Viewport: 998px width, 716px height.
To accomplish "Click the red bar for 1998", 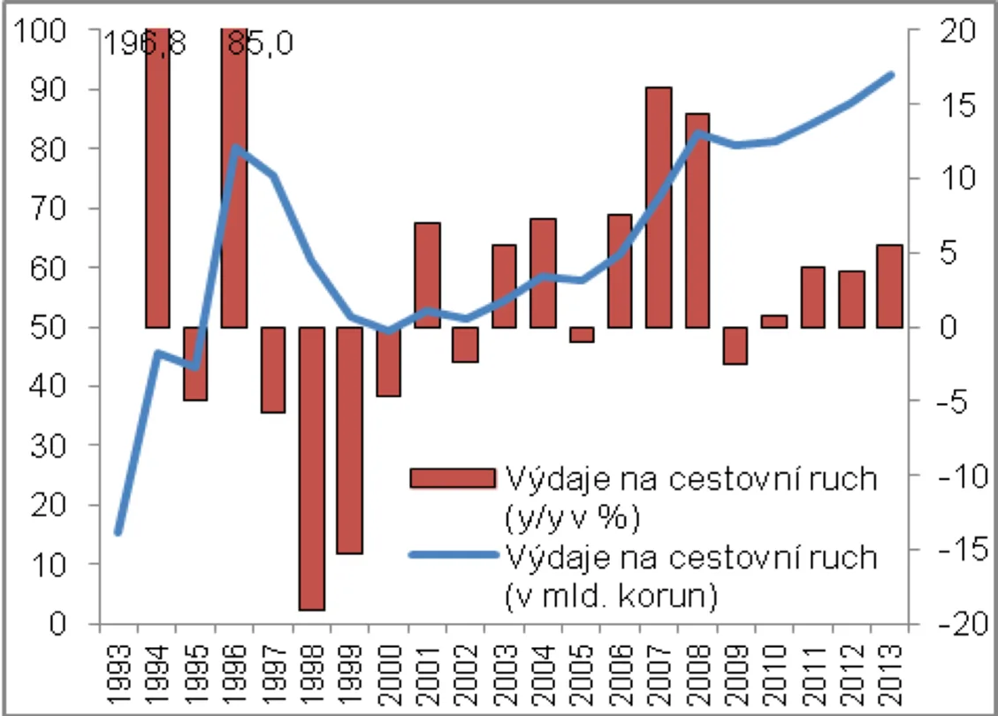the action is [x=312, y=469].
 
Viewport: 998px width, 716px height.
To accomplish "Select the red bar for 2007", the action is [x=659, y=208].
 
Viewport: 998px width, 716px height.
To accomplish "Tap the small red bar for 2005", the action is [x=582, y=335].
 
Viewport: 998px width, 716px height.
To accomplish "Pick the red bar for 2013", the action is [x=890, y=286].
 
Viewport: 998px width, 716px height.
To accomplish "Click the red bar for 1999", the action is [x=350, y=440].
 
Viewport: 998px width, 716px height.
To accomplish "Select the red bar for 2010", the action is [x=774, y=322].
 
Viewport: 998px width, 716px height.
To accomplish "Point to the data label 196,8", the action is [x=144, y=44].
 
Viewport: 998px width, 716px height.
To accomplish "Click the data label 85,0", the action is [x=261, y=44].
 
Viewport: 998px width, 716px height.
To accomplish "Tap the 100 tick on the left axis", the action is [x=40, y=30].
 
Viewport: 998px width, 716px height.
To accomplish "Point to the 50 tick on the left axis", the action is [x=48, y=327].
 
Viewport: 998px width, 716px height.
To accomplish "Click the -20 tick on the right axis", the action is [x=963, y=624].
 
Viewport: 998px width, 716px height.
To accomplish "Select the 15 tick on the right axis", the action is [x=957, y=104].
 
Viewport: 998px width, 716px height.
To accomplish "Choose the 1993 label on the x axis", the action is [x=119, y=674].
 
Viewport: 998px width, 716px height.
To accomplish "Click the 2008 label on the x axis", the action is [x=697, y=674].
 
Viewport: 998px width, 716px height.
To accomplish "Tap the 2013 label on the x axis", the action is [x=890, y=674].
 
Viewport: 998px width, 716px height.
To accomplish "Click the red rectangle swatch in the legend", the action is [x=453, y=478].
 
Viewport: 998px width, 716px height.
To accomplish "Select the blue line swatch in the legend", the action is [x=453, y=555].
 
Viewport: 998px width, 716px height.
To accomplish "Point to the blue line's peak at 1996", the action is [x=235, y=148].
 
